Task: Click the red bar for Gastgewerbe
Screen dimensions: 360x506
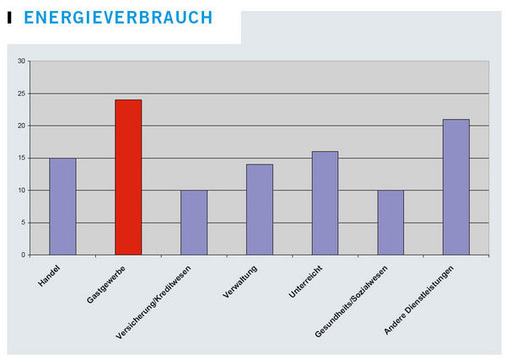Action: (128, 177)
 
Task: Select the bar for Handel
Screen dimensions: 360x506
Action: (62, 206)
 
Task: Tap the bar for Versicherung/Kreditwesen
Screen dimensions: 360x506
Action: (194, 222)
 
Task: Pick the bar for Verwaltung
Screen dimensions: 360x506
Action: (259, 209)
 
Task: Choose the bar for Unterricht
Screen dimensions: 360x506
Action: (325, 203)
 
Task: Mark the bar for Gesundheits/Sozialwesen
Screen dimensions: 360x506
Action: (390, 222)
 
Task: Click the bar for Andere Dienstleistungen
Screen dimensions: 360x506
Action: (456, 187)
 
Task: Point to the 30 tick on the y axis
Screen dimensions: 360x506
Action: (21, 61)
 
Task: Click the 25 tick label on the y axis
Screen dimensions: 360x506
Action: (21, 94)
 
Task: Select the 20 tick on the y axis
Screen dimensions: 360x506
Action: (21, 126)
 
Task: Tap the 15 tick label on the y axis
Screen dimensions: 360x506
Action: (21, 158)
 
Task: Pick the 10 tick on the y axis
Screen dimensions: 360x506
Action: (21, 190)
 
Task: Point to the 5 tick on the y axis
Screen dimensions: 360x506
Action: (23, 223)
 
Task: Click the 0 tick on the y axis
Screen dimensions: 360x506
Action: (23, 255)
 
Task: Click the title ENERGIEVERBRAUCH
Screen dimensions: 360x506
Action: (117, 18)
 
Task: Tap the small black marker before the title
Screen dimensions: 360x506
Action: (9, 18)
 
